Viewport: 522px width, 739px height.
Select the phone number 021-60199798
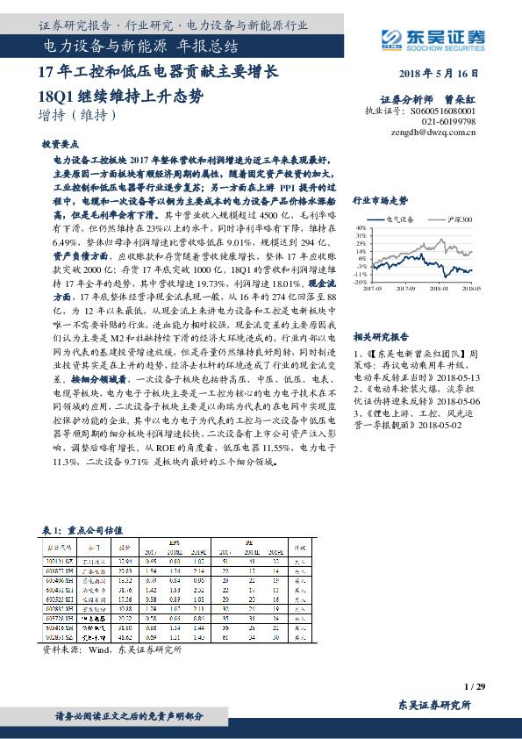446,123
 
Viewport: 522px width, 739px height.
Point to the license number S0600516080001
442,112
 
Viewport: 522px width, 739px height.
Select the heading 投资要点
61,142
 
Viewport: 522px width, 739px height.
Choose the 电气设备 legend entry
404,219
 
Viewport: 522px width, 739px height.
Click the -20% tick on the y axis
361,283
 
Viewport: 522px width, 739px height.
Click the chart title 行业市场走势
380,200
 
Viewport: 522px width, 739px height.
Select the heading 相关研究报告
381,336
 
